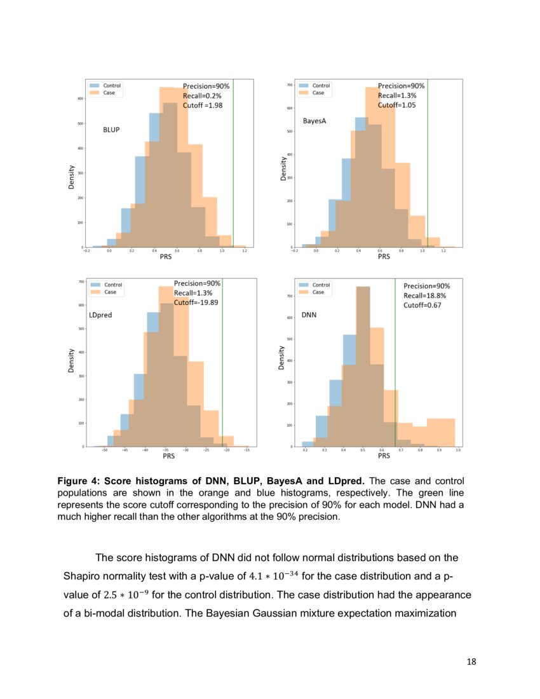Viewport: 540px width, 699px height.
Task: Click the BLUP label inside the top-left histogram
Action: pyautogui.click(x=111, y=130)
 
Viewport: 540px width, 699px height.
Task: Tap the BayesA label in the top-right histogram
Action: pyautogui.click(x=314, y=121)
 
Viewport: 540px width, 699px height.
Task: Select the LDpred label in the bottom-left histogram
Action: pyautogui.click(x=100, y=315)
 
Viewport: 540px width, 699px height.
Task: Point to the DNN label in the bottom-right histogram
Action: pyautogui.click(x=309, y=315)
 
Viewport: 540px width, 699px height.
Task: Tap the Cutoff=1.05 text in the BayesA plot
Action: pyautogui.click(x=397, y=105)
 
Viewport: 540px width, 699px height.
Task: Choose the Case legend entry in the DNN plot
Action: pyautogui.click(x=318, y=292)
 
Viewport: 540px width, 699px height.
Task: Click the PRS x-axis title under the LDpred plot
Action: pyautogui.click(x=168, y=456)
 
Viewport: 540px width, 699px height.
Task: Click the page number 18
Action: pyautogui.click(x=471, y=662)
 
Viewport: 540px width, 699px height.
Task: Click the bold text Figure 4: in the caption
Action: pyautogui.click(x=83, y=482)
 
